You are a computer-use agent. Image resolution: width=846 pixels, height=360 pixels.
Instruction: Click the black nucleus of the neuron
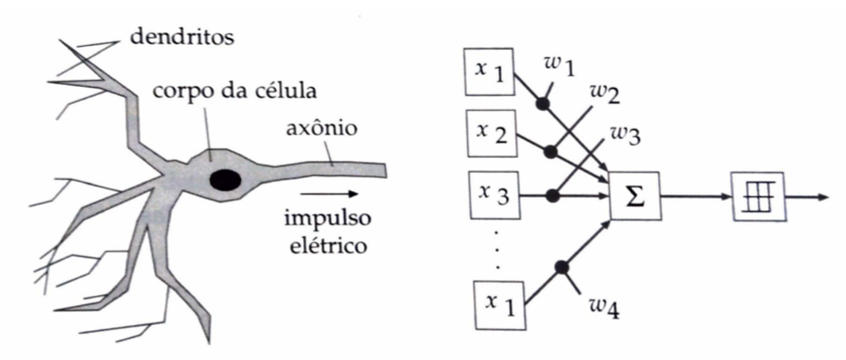click(x=226, y=180)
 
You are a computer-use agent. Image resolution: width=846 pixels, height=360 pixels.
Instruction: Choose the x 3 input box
click(x=491, y=193)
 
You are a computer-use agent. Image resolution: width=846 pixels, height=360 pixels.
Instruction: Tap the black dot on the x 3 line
click(x=555, y=193)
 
